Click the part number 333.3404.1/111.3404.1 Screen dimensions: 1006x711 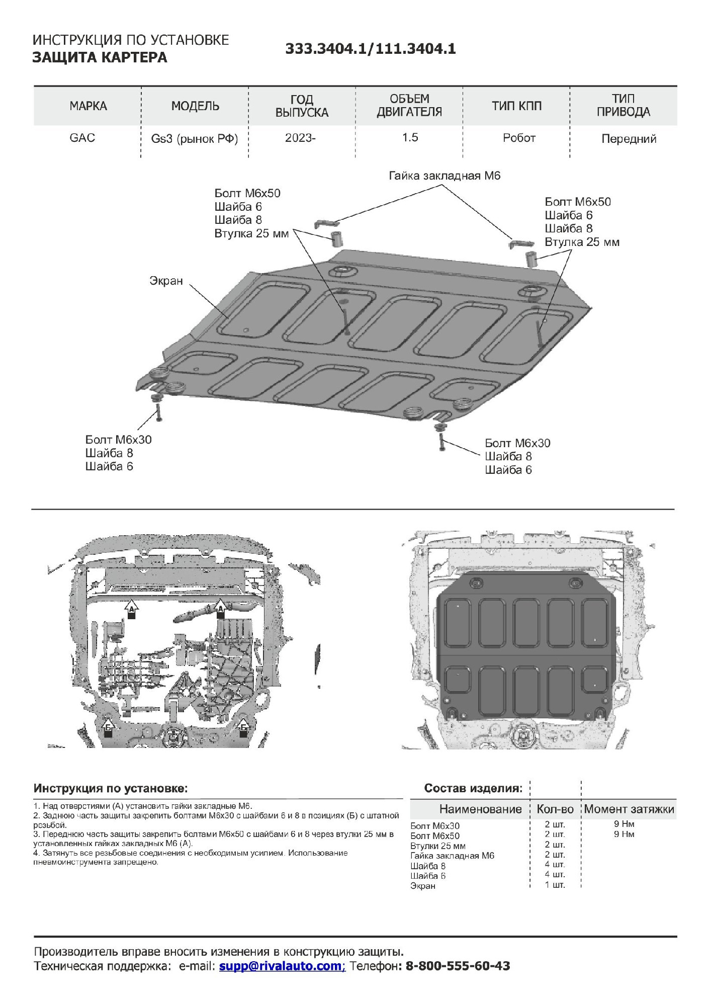point(371,49)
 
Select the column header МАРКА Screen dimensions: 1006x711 point(88,106)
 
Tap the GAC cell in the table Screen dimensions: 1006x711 point(82,138)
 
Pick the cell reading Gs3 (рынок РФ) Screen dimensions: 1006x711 point(194,139)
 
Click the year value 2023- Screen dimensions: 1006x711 point(300,138)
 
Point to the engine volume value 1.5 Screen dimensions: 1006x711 point(410,138)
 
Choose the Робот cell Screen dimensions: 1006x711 point(519,138)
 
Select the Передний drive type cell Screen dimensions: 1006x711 point(629,139)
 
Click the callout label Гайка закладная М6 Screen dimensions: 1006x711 point(445,176)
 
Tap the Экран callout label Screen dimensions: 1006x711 point(166,281)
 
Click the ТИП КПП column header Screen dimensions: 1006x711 point(516,106)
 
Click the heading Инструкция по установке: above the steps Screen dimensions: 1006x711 point(111,788)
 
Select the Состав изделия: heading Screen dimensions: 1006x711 point(473,788)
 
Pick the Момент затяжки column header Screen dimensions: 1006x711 point(629,809)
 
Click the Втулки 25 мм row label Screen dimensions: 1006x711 point(437,846)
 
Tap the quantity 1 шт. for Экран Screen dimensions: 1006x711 point(555,885)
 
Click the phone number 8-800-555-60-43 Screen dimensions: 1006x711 point(458,966)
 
